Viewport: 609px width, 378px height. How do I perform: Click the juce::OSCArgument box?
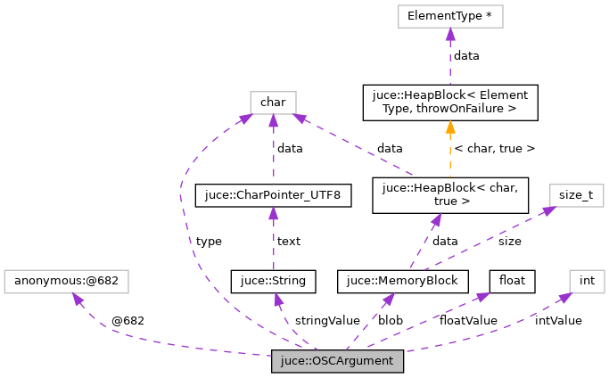pyautogui.click(x=338, y=362)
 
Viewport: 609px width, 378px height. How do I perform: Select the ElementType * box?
pyautogui.click(x=450, y=16)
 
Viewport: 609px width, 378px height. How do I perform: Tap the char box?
pyautogui.click(x=273, y=103)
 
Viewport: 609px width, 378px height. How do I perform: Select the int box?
pyautogui.click(x=587, y=281)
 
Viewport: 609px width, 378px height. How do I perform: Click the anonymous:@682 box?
pyautogui.click(x=67, y=281)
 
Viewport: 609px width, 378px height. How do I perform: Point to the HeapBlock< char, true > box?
pyautogui.click(x=450, y=194)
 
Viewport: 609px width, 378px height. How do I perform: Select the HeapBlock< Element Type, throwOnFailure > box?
pyautogui.click(x=450, y=103)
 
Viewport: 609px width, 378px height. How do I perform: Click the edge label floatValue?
pyautogui.click(x=468, y=320)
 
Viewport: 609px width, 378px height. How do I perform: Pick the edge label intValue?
pyautogui.click(x=558, y=320)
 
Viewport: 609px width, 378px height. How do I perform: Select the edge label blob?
pyautogui.click(x=391, y=320)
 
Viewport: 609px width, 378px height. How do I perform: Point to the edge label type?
pyautogui.click(x=208, y=241)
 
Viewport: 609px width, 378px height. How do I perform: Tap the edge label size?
pyautogui.click(x=510, y=241)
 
